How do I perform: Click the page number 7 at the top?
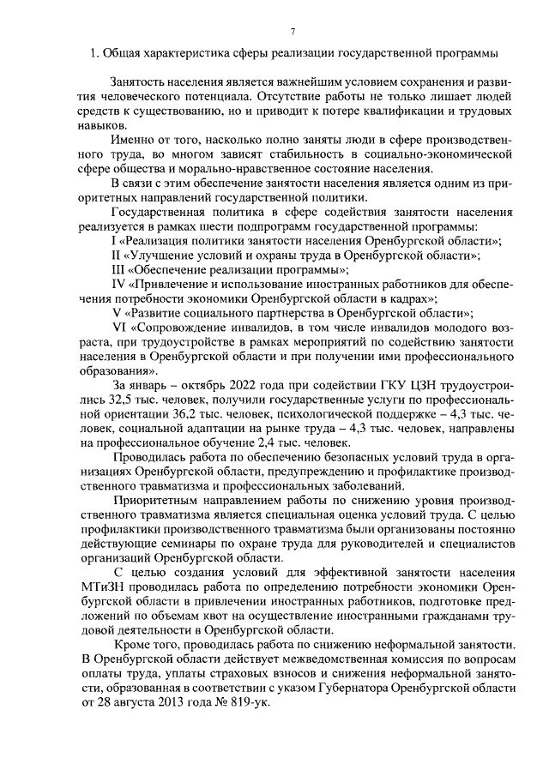tap(292, 33)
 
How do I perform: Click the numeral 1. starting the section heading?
tap(94, 57)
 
